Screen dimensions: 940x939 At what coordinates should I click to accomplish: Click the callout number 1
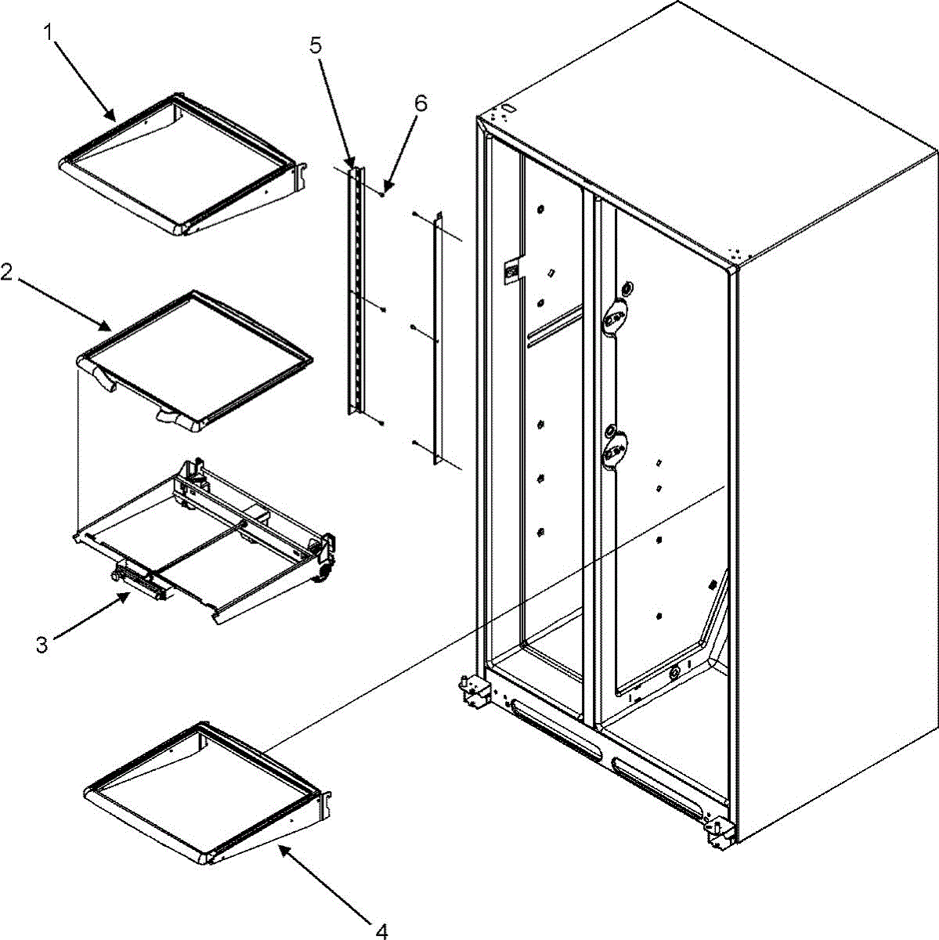tap(49, 32)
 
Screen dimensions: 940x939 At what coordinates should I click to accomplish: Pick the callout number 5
tap(315, 45)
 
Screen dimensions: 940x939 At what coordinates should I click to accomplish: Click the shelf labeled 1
tap(180, 164)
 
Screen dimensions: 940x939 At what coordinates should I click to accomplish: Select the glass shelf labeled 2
tap(196, 356)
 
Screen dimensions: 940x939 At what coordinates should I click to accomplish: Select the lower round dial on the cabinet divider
tap(613, 450)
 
